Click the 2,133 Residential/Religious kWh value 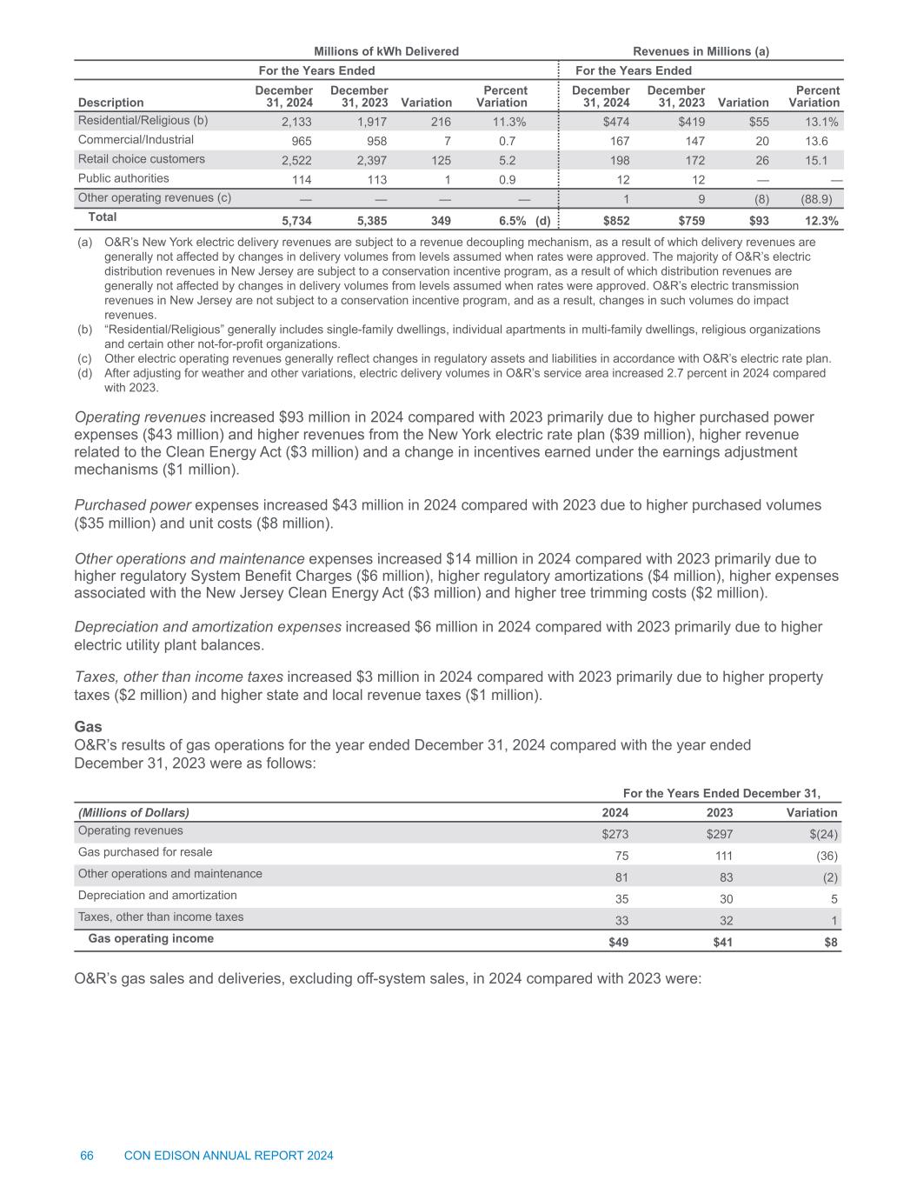click(296, 122)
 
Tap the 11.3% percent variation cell click(508, 122)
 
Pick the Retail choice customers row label click(142, 159)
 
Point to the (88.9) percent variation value click(821, 198)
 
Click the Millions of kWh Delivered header click(386, 51)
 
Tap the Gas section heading click(88, 726)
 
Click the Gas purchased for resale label click(145, 852)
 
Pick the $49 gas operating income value click(618, 941)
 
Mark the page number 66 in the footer click(87, 1156)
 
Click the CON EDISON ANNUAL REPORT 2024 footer click(229, 1156)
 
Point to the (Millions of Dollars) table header click(134, 812)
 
